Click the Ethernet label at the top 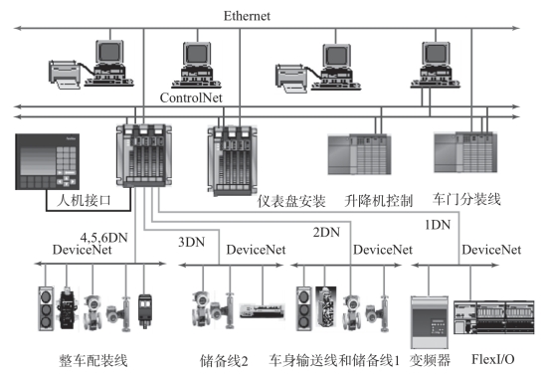click(x=247, y=16)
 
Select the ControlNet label click(x=191, y=97)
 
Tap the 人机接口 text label click(x=84, y=201)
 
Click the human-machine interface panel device click(x=48, y=161)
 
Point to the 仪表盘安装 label click(x=291, y=201)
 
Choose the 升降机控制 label click(x=379, y=201)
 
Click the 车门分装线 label click(x=466, y=200)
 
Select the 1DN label click(x=438, y=225)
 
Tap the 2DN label click(x=326, y=232)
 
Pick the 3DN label click(x=192, y=242)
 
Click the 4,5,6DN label click(x=103, y=238)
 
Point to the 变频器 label click(x=430, y=360)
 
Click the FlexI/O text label click(x=493, y=359)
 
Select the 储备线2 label click(x=224, y=361)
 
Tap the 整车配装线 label click(x=93, y=361)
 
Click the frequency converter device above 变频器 click(x=429, y=322)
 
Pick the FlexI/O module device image click(x=494, y=317)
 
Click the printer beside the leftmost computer click(x=65, y=75)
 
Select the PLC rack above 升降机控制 click(x=359, y=154)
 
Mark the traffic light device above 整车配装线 click(x=46, y=308)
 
